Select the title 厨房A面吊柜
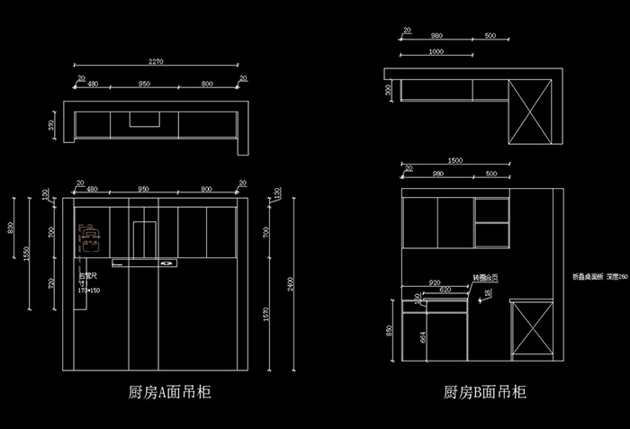(x=171, y=393)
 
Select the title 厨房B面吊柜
(x=485, y=393)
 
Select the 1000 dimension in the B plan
(x=436, y=51)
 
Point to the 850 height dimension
(x=389, y=330)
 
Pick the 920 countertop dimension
(x=434, y=282)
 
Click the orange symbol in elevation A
(x=88, y=235)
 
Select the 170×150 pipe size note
(x=89, y=290)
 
